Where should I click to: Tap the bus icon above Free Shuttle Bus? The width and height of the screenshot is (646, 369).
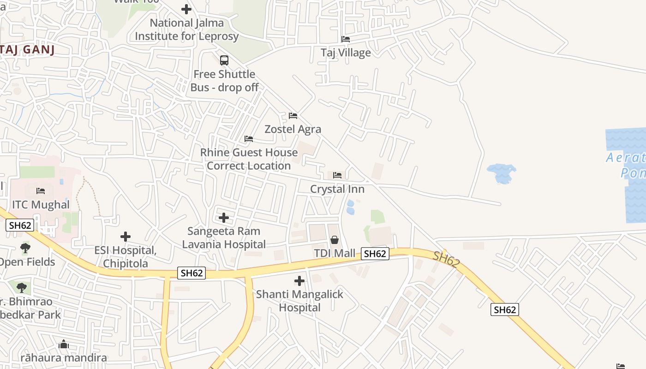tap(224, 60)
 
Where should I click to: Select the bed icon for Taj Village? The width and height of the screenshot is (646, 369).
tap(346, 39)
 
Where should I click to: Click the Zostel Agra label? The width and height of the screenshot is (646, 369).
tap(293, 129)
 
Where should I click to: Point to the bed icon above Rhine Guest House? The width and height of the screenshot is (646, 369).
tap(249, 139)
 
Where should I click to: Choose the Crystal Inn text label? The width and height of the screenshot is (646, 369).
tap(337, 189)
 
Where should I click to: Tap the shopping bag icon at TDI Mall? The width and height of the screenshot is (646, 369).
tap(335, 240)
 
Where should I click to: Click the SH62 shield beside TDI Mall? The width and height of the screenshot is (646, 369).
tap(375, 254)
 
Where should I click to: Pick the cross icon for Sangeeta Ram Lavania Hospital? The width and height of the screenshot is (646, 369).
tap(224, 217)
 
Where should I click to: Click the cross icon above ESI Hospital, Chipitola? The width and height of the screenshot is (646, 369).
tap(126, 237)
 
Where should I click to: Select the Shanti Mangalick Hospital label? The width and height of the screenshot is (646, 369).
tap(299, 301)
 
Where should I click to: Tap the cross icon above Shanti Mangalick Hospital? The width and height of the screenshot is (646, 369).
tap(299, 280)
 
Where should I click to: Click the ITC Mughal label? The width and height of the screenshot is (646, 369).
tap(41, 205)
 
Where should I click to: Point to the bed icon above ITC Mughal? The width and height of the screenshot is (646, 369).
tap(41, 191)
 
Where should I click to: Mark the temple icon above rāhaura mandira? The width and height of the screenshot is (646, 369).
tap(64, 345)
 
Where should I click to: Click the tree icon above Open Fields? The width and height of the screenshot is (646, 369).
tap(25, 248)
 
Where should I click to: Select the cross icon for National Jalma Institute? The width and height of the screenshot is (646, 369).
tap(186, 9)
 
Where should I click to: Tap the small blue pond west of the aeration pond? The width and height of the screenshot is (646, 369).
tap(501, 173)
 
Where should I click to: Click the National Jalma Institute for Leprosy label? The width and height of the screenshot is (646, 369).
tap(186, 30)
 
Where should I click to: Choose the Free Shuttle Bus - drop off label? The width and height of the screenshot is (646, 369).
tap(224, 81)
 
